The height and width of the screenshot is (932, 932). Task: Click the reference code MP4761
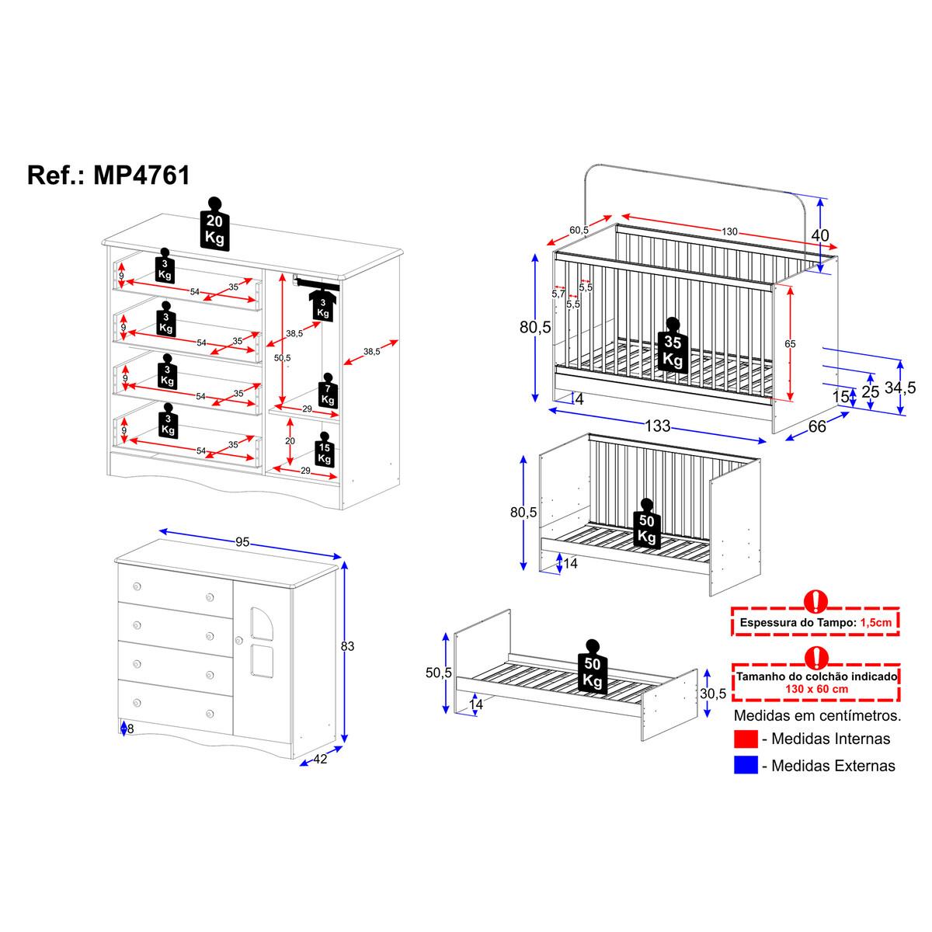coord(141,175)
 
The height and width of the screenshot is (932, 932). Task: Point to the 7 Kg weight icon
coord(328,395)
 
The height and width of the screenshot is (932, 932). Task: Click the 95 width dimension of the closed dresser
coord(242,542)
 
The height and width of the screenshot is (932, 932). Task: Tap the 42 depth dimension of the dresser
coord(320,759)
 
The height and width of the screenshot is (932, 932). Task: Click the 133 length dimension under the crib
coord(657,426)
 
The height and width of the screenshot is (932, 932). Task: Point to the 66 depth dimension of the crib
coord(817,426)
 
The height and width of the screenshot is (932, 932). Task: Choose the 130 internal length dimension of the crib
coord(729,231)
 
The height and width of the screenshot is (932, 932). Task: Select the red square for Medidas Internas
coord(746,739)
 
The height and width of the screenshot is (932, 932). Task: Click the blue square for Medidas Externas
coord(746,765)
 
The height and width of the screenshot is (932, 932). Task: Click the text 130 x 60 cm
coord(815,688)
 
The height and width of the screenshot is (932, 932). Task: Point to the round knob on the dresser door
coord(239,639)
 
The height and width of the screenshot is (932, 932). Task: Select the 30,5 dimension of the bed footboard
coord(713,693)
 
